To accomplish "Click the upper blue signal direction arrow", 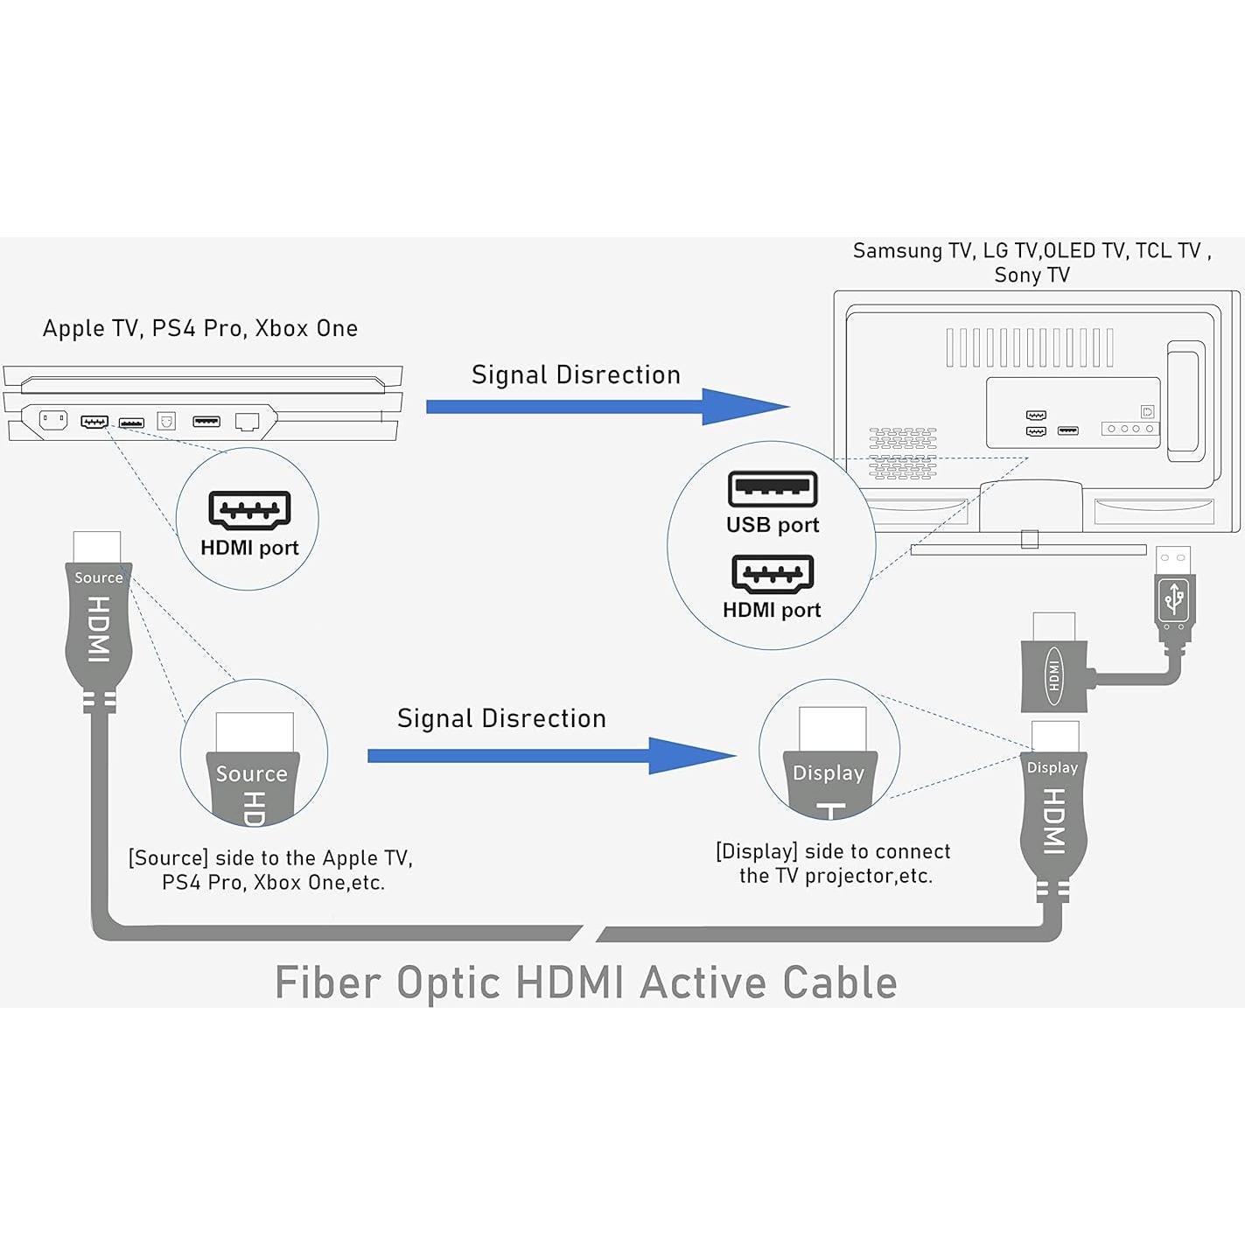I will pos(604,407).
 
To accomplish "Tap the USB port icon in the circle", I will pos(773,489).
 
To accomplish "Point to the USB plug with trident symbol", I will pos(1173,599).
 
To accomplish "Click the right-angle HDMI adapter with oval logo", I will pos(1054,675).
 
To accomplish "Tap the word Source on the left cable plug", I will pos(98,577).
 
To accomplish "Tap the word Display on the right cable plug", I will pos(1052,767).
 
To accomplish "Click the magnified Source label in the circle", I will pos(252,773).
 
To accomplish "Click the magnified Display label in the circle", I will pos(828,773).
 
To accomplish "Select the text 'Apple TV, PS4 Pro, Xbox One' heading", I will pos(200,328).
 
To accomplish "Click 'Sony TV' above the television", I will pos(1032,275).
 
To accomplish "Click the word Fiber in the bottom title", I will pos(328,983).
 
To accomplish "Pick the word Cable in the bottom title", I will pos(840,983).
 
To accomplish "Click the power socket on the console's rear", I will pos(53,420).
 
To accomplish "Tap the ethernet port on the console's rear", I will pos(248,423).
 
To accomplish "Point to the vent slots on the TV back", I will pos(1029,347).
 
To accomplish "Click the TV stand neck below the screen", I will pos(1030,507).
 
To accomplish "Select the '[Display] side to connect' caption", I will pos(833,851).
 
